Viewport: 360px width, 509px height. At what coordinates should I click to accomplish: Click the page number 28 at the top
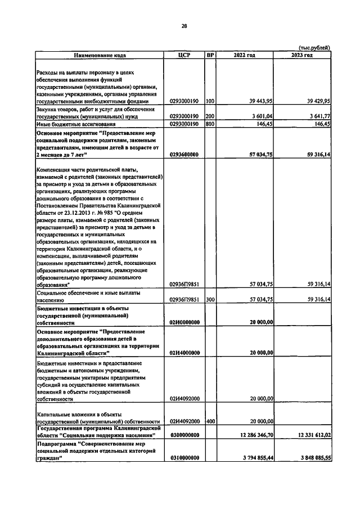point(184,25)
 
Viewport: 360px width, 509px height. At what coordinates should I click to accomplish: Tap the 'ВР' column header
point(210,56)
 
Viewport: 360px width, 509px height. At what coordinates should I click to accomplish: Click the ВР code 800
point(210,124)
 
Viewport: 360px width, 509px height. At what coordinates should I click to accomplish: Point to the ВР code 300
point(210,300)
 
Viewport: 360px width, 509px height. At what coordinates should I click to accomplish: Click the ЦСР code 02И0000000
point(185,322)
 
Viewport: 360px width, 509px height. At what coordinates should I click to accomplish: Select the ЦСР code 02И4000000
point(185,353)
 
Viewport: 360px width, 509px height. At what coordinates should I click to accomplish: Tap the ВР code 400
point(210,421)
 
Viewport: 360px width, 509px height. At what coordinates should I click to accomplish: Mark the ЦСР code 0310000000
point(185,458)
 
